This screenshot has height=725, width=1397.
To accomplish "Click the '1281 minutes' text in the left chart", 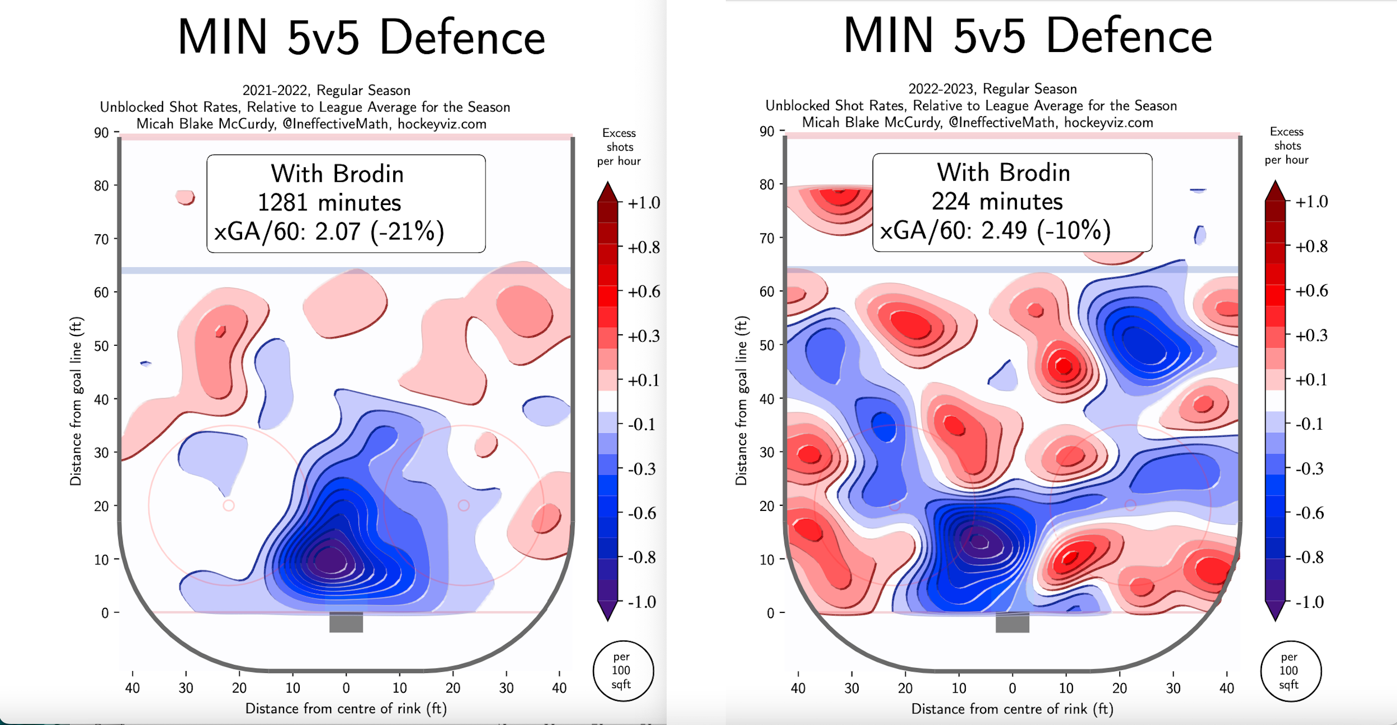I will pyautogui.click(x=329, y=202).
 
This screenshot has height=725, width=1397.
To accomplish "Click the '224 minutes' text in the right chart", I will pyautogui.click(x=997, y=201).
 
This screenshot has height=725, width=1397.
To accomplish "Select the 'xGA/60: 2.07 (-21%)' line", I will pyautogui.click(x=329, y=231).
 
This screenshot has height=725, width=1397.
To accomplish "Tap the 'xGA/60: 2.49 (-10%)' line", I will pyautogui.click(x=995, y=230).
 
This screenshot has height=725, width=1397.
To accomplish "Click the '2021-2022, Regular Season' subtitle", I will pyautogui.click(x=326, y=90).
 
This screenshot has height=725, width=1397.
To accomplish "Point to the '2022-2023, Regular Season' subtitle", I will pyautogui.click(x=993, y=89).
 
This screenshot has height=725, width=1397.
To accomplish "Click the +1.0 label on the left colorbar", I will pyautogui.click(x=644, y=203).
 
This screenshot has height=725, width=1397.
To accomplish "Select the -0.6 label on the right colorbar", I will pyautogui.click(x=1310, y=512).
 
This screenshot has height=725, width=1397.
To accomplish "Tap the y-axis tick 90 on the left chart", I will pyautogui.click(x=102, y=133).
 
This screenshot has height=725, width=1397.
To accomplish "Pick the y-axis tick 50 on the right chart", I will pyautogui.click(x=767, y=345).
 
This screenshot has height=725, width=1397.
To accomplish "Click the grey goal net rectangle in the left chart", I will pyautogui.click(x=346, y=622).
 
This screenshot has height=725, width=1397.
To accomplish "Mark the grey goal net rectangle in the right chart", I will pyautogui.click(x=1012, y=622).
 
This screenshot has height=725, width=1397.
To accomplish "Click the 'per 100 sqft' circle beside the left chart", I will pyautogui.click(x=623, y=671).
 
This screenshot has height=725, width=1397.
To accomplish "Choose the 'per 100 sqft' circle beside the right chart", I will pyautogui.click(x=1290, y=671).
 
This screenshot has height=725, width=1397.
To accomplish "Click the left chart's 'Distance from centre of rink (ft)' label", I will pyautogui.click(x=346, y=709).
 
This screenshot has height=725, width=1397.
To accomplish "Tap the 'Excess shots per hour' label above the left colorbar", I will pyautogui.click(x=619, y=147).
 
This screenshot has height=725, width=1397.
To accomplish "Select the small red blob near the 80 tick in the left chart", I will pyautogui.click(x=185, y=197).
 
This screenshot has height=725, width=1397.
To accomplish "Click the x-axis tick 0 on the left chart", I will pyautogui.click(x=346, y=688).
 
